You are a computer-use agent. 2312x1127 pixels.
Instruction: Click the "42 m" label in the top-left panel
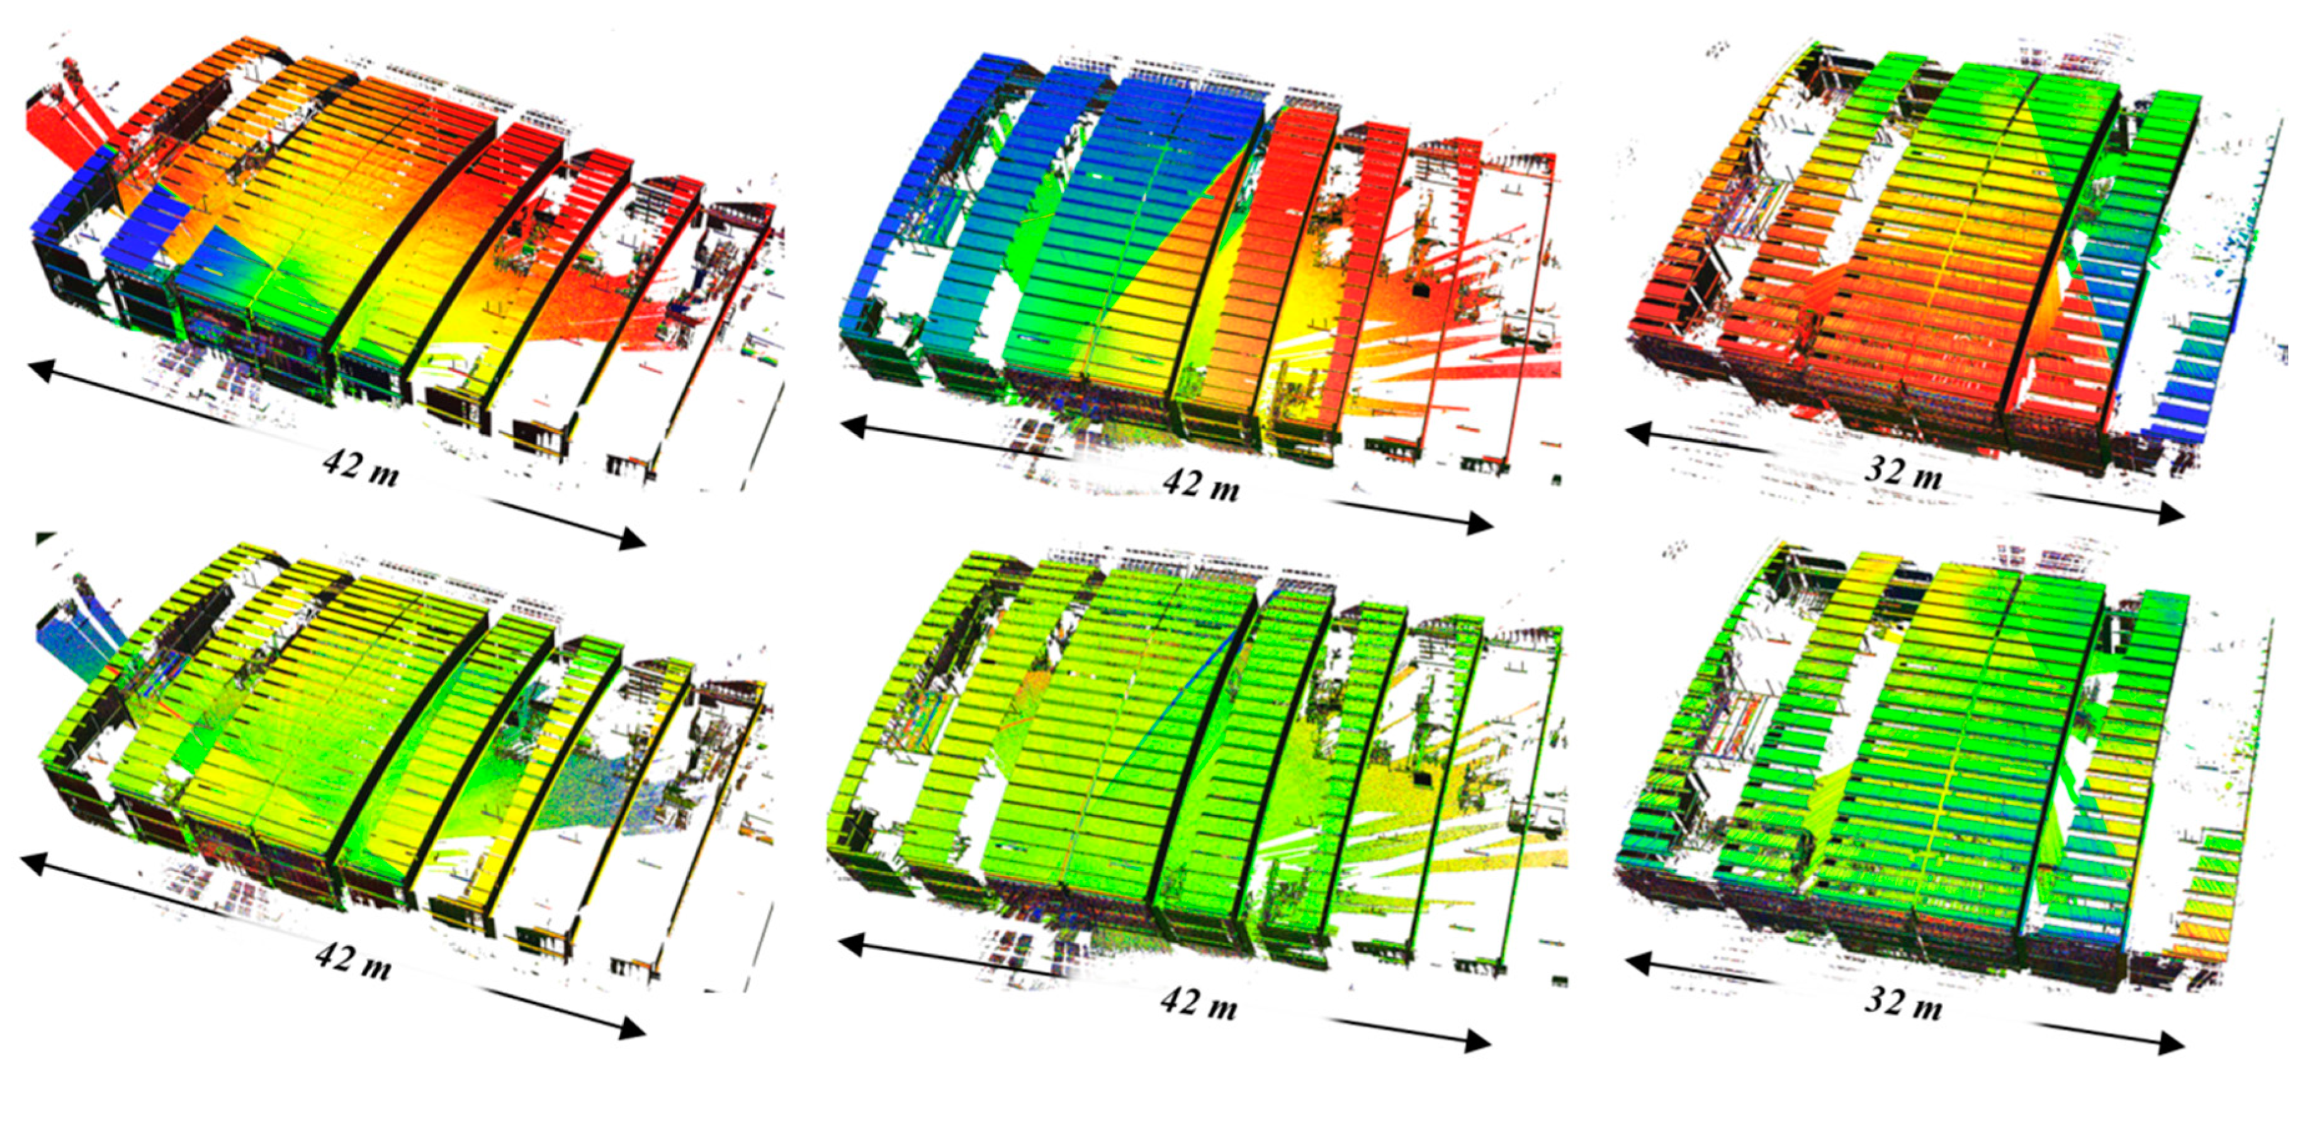point(361,468)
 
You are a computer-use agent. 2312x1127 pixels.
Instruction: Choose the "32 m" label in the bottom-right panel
point(1903,1003)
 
